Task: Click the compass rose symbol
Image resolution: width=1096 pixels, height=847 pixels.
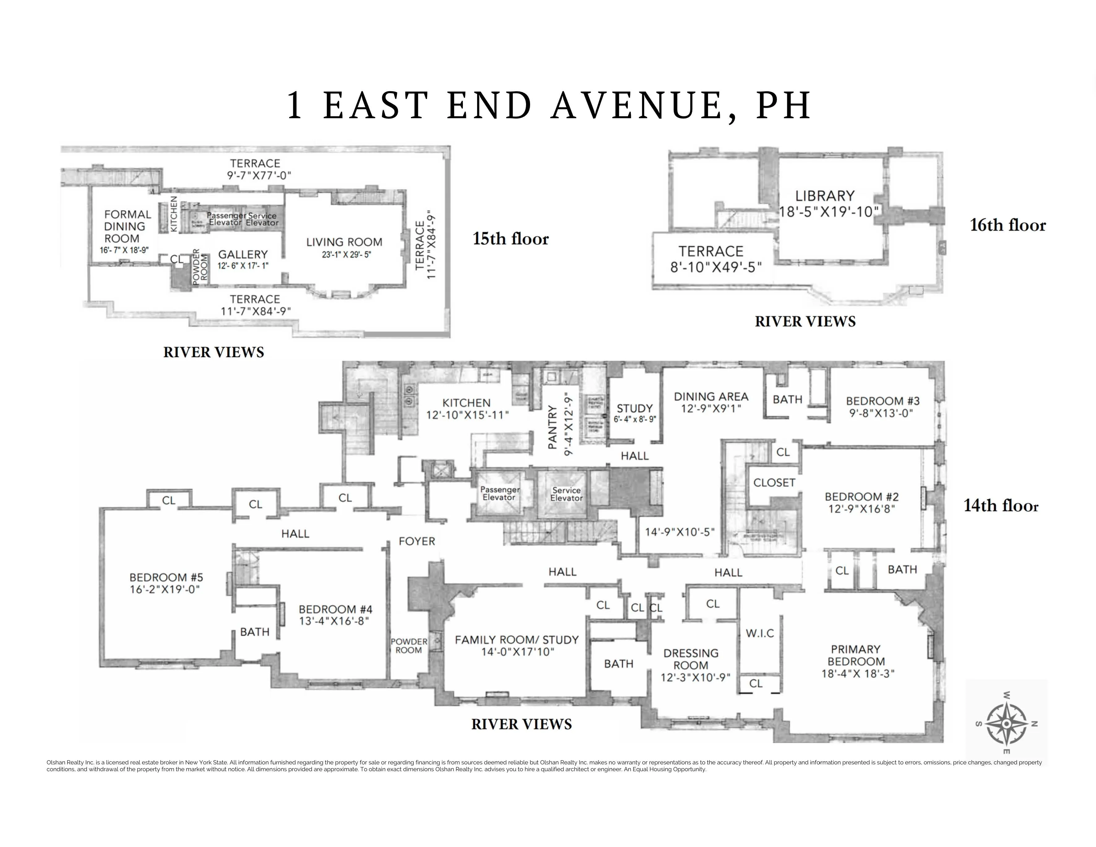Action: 1006,723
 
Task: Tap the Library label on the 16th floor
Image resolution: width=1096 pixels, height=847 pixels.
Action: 825,195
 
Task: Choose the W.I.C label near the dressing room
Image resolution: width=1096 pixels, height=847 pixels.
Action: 760,633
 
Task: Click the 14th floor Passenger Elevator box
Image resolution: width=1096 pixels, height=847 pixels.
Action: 499,494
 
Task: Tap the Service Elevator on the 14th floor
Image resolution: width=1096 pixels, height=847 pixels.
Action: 566,494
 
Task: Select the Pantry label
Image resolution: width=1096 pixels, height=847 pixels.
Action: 553,427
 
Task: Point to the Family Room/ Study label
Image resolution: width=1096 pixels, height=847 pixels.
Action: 516,640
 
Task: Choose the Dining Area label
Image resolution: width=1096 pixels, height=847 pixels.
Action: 710,396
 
